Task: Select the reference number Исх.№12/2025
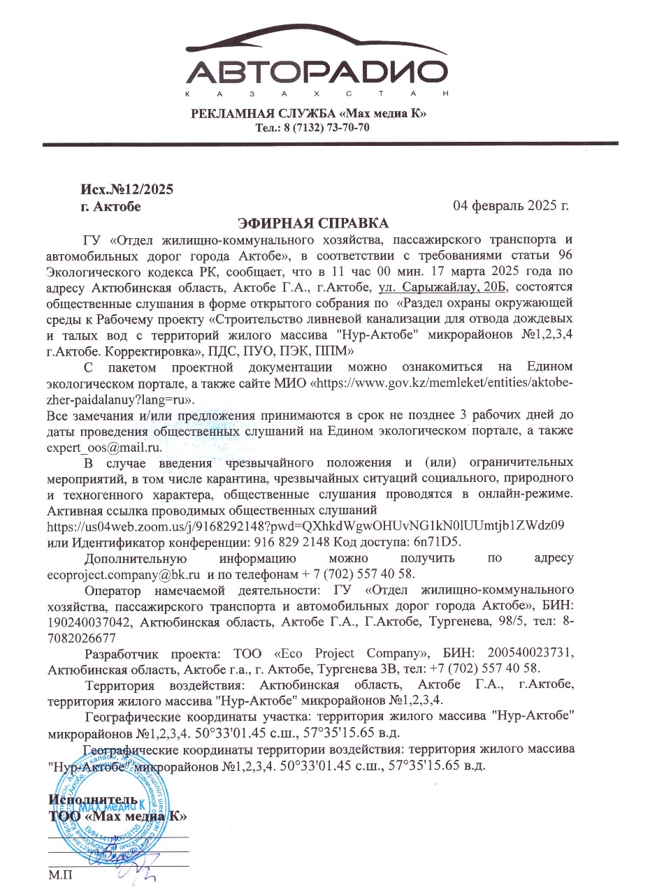pyautogui.click(x=127, y=190)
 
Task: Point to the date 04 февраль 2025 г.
pyautogui.click(x=511, y=206)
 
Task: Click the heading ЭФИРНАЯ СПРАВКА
pyautogui.click(x=312, y=223)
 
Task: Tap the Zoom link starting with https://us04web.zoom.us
pyautogui.click(x=305, y=526)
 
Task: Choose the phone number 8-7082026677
pyautogui.click(x=310, y=629)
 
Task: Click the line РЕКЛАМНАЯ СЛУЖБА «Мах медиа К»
pyautogui.click(x=308, y=114)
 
